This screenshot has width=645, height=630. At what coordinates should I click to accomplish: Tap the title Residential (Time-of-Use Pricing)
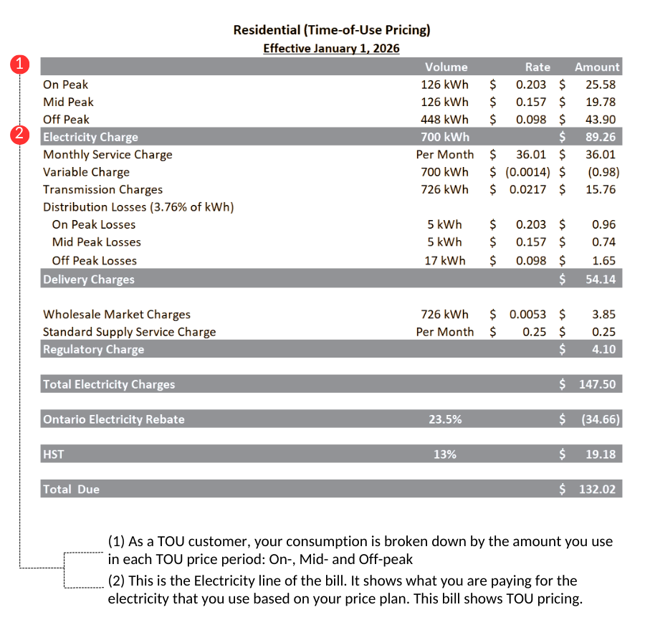tap(331, 30)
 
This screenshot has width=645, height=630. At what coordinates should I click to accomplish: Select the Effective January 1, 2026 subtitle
tap(331, 49)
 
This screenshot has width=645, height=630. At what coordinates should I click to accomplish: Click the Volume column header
tap(446, 67)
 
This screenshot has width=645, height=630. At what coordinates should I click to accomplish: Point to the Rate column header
tap(537, 67)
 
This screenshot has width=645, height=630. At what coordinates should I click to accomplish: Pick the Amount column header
tap(597, 67)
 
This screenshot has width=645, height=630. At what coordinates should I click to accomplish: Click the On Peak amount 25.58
tap(601, 85)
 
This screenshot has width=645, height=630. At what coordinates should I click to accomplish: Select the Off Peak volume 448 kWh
tap(444, 120)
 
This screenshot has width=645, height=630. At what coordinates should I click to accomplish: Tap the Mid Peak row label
tap(68, 102)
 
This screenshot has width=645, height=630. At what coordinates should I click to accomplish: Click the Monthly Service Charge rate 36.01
tap(531, 155)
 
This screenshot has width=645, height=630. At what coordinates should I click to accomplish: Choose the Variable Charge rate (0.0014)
tap(527, 172)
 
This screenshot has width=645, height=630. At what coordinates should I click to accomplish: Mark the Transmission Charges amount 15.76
tap(601, 190)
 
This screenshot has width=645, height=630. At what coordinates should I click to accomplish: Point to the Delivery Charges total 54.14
tap(601, 280)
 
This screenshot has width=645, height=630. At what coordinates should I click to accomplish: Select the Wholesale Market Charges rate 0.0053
tap(527, 315)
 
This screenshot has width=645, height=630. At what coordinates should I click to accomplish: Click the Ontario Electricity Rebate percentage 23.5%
tap(445, 420)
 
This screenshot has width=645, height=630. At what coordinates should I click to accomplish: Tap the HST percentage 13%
tap(445, 454)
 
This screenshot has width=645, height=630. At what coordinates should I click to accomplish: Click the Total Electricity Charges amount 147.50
tap(598, 385)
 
